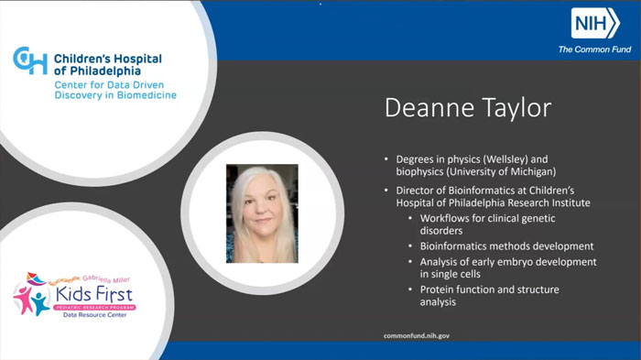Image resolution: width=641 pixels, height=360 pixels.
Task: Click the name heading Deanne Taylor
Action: [x=467, y=108]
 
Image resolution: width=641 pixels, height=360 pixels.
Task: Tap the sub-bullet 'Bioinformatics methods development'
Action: [x=506, y=245]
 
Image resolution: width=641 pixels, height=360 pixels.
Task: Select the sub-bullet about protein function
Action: [x=489, y=295]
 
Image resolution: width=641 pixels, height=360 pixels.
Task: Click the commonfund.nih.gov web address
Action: [x=416, y=336]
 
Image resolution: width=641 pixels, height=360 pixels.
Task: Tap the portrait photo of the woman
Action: [x=262, y=213]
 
